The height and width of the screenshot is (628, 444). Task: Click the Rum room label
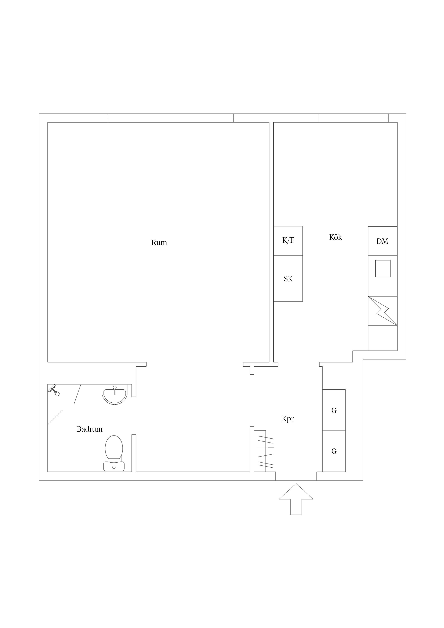pos(159,243)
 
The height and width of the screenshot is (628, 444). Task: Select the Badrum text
pos(90,429)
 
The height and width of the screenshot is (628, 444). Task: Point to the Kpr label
pos(288,419)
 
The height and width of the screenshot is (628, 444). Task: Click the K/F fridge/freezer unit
pos(288,241)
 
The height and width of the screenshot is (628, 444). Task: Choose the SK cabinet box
pos(288,278)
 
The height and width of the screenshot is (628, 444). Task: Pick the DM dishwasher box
pos(382,241)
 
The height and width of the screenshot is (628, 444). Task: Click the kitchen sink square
pos(383,269)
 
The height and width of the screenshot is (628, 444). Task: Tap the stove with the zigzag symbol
pos(382,311)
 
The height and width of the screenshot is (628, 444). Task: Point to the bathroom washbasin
pos(115,394)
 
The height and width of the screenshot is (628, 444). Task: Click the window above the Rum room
pos(171,118)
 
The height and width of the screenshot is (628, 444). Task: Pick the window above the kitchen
pos(353,118)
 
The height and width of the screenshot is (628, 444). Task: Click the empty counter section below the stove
pos(382,338)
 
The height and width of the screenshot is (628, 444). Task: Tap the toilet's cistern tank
pos(114,466)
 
